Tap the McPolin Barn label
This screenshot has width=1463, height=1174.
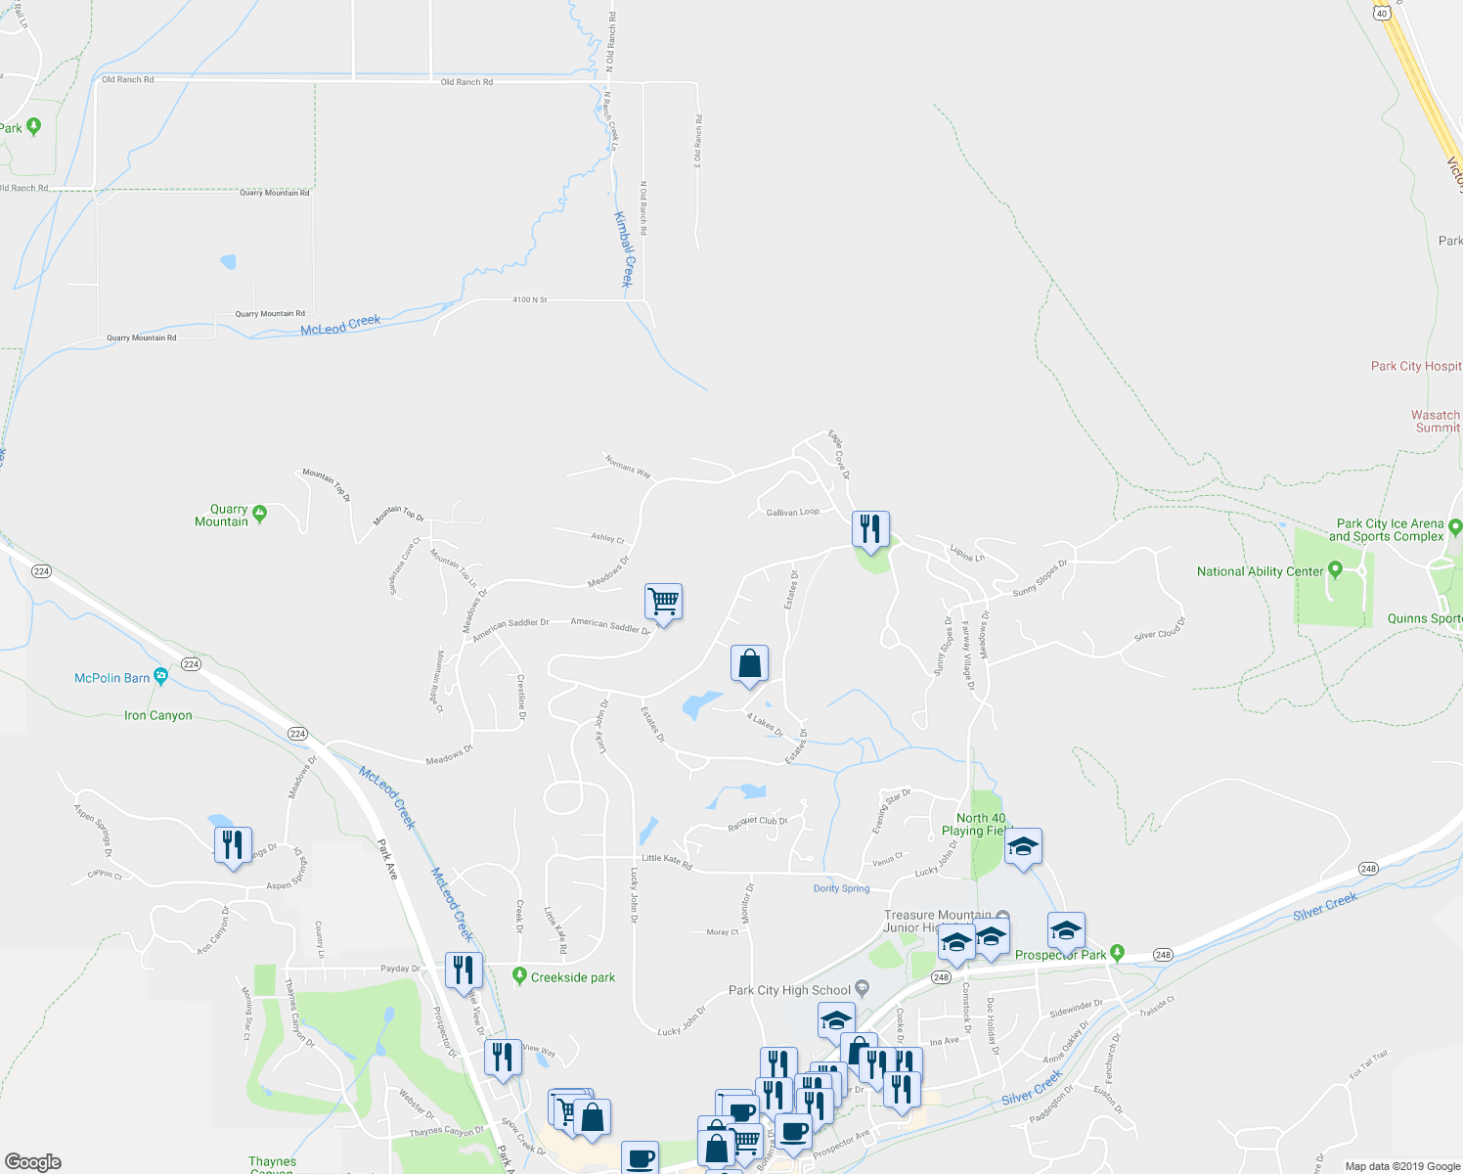[112, 678]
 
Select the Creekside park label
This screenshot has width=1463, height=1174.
[573, 977]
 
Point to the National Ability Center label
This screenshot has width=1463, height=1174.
[1260, 571]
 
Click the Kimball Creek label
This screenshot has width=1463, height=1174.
[624, 249]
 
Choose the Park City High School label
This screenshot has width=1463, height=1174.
[789, 990]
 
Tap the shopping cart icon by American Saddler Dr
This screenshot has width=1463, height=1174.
[663, 601]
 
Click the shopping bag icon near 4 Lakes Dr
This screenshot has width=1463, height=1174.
[749, 663]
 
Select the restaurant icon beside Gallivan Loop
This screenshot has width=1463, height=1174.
[869, 529]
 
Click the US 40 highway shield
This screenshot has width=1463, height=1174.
[1381, 13]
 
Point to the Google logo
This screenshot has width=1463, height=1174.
[33, 1161]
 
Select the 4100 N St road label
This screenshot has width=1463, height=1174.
[530, 299]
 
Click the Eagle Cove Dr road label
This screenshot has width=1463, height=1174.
[839, 454]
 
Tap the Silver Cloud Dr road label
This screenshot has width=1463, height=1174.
[1159, 629]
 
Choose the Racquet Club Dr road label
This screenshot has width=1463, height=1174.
[758, 822]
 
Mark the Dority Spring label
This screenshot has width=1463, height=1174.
[841, 888]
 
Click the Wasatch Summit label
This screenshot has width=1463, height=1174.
[1435, 422]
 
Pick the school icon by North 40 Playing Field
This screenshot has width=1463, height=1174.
[1022, 847]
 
